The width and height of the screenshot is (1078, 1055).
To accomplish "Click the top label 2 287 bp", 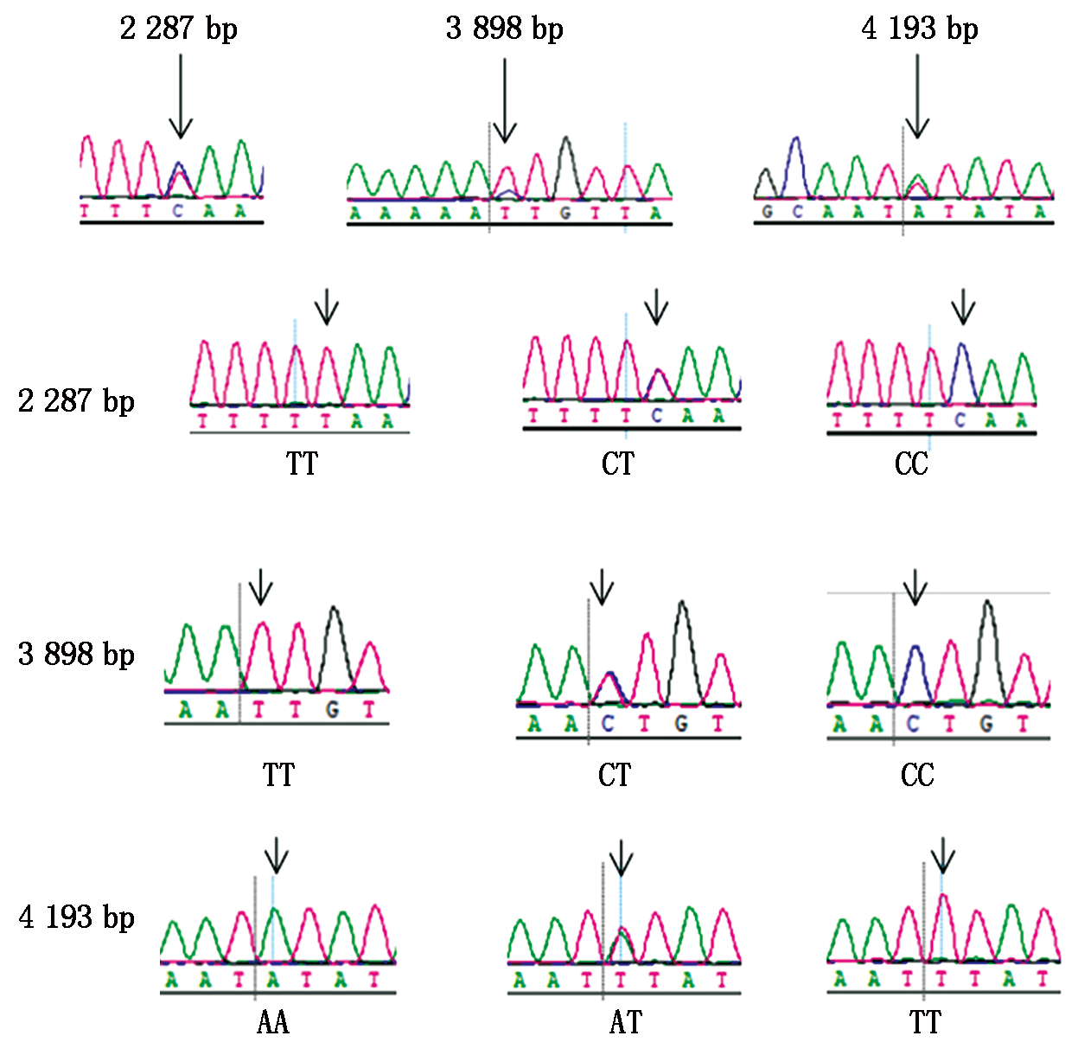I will coord(178,29).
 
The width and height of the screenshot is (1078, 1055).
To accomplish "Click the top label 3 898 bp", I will coord(504,29).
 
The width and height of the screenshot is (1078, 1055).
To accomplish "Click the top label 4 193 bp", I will coord(919,29).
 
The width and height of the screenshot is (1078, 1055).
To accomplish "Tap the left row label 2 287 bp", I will coord(76,401).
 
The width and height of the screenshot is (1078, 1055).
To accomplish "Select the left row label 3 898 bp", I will coord(76,655).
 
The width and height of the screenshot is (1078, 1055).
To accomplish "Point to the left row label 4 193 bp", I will coord(76,917).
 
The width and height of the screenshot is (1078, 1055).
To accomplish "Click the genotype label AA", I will coord(273,1023).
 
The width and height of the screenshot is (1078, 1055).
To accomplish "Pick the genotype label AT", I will coord(626,1023).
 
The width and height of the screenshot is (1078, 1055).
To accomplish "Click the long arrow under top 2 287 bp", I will coord(180,95).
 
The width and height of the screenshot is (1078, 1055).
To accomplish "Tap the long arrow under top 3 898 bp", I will coord(504,99).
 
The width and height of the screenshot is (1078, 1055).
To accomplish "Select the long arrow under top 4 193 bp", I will coord(917,95).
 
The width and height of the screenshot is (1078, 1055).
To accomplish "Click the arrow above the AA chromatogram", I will coord(276,855).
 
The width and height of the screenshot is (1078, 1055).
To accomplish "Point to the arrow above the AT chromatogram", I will coord(621,858).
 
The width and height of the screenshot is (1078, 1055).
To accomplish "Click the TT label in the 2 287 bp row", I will coord(302,464).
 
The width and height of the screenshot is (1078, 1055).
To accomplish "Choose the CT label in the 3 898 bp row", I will coord(615,775).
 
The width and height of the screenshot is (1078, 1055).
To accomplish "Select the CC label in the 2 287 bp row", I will coord(911,464).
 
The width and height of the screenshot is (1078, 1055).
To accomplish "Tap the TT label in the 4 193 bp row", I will coord(925,1023).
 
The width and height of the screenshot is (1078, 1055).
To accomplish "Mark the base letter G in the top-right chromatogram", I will coord(767,212).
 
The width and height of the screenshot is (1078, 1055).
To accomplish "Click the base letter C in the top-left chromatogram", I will coord(177,210).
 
